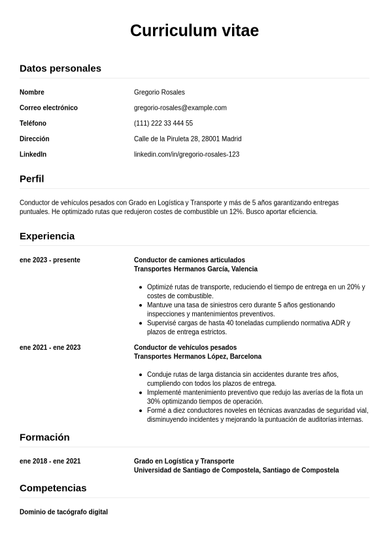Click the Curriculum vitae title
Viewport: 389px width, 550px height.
click(x=194, y=31)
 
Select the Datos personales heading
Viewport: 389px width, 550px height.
click(x=60, y=68)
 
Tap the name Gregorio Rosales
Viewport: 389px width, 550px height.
click(x=159, y=92)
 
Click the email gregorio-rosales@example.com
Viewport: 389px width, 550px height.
click(x=180, y=108)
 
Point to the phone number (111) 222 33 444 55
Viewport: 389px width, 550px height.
click(x=163, y=124)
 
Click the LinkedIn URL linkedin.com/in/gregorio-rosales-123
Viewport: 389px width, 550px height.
click(x=186, y=155)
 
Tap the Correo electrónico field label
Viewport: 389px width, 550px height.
click(x=48, y=108)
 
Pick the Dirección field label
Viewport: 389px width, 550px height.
click(x=35, y=139)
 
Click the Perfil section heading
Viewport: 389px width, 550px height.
click(x=32, y=179)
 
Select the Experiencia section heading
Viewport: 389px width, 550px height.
click(x=47, y=236)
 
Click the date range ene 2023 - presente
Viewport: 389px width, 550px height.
click(x=50, y=260)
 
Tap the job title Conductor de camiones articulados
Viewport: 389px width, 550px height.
click(x=189, y=260)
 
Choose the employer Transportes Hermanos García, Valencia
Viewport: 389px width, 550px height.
click(x=195, y=269)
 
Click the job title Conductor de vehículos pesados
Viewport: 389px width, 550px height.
click(x=185, y=348)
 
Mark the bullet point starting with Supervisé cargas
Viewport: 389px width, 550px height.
click(x=248, y=328)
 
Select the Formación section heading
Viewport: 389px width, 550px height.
click(x=44, y=437)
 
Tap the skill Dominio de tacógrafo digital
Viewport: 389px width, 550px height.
click(x=63, y=512)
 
